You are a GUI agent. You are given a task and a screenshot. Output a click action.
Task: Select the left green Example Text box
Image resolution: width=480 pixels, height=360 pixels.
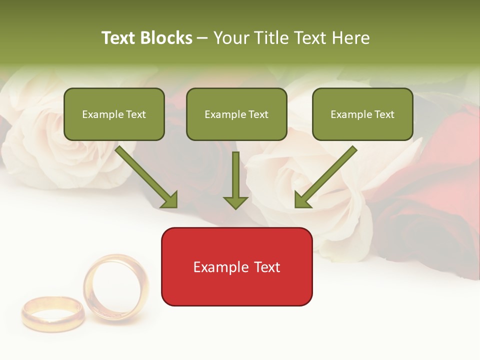click(114, 114)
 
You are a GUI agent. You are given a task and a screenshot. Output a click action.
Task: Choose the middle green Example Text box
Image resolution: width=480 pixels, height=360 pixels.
click(236, 114)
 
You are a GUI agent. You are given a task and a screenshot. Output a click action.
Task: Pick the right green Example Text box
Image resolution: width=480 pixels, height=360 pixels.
click(362, 114)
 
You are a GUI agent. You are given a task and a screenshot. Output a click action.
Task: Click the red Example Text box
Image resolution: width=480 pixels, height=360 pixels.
click(236, 266)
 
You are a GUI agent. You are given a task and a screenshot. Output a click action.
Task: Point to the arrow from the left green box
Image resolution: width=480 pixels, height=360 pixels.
click(146, 177)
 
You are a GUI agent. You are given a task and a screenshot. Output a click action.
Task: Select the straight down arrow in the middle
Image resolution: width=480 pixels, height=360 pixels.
click(235, 180)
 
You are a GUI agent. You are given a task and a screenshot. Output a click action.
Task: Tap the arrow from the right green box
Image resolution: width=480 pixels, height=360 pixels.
click(325, 177)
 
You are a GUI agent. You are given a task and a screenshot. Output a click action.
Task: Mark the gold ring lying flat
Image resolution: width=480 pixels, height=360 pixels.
click(53, 313)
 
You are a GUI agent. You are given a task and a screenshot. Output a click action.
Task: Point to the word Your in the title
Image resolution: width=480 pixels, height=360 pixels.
click(231, 38)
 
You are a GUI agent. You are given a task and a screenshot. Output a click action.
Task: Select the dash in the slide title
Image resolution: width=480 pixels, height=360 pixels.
click(202, 38)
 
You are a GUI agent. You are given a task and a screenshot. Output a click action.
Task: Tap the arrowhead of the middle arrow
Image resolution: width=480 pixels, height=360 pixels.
click(235, 202)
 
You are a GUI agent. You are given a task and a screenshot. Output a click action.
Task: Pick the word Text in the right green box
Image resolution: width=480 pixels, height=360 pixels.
click(384, 114)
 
